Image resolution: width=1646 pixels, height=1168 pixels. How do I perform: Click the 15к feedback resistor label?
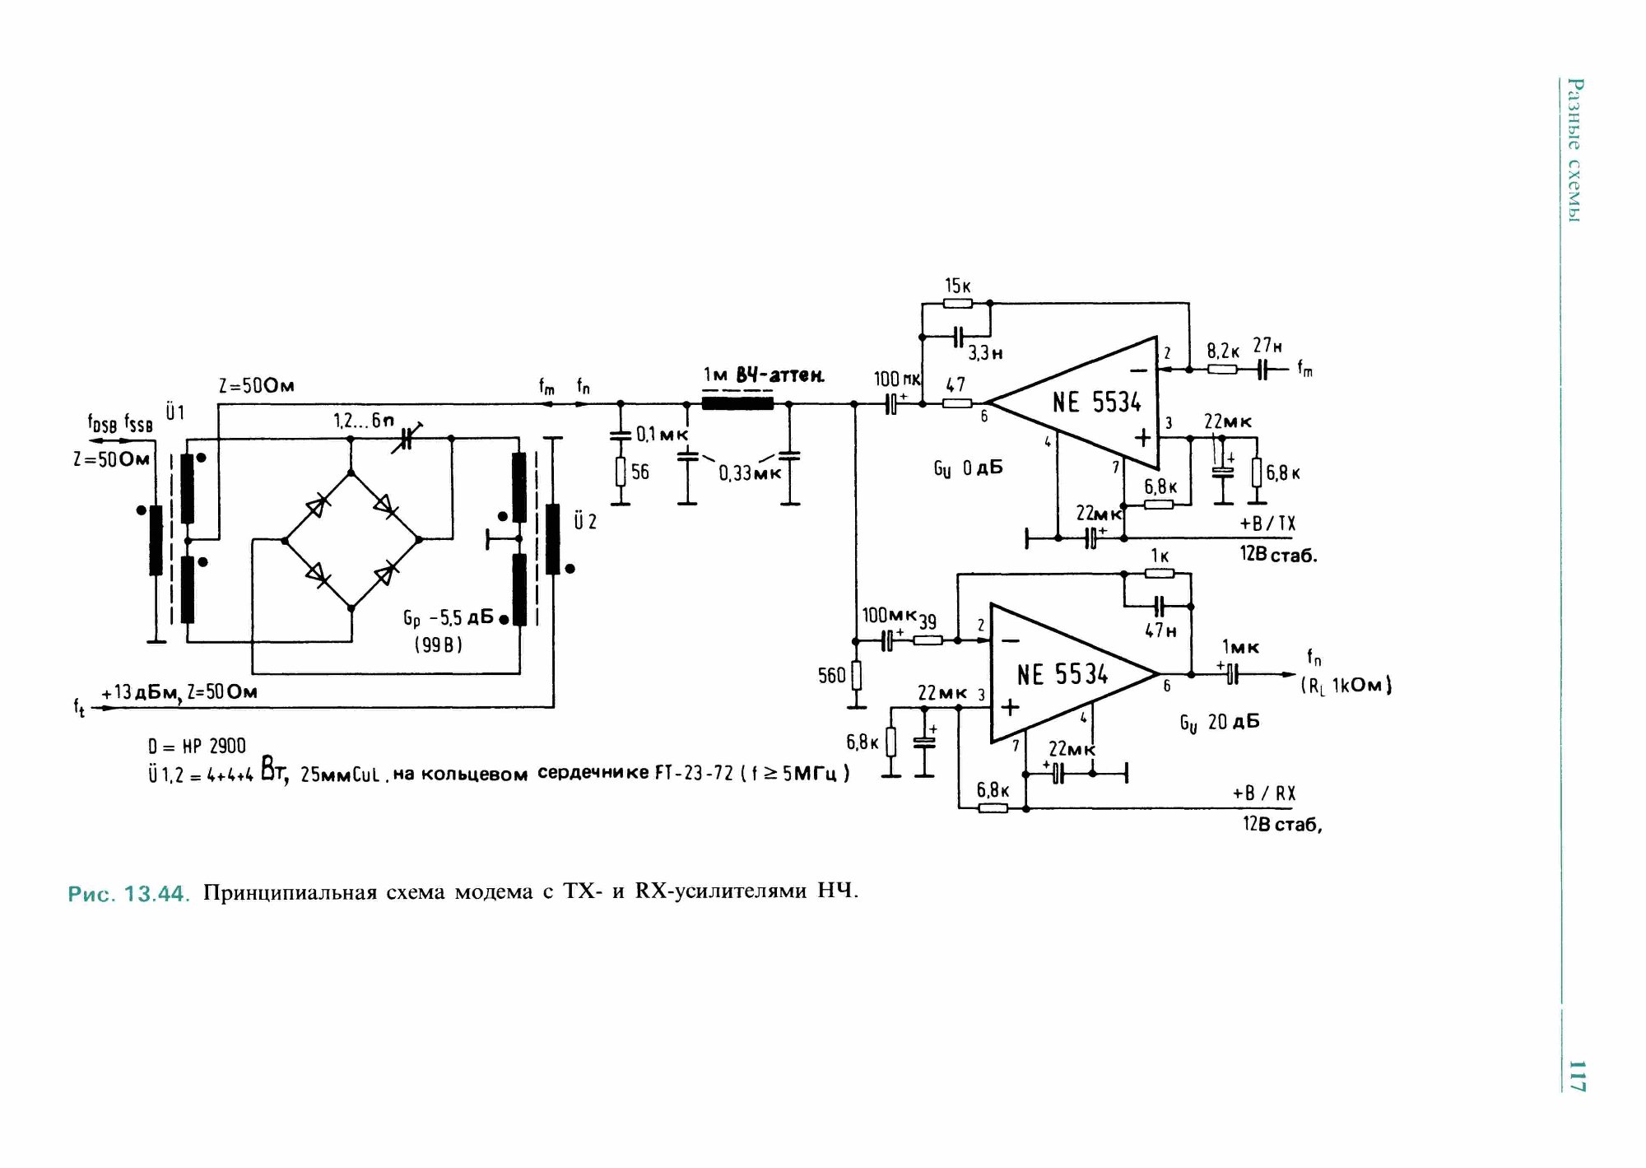pyautogui.click(x=957, y=286)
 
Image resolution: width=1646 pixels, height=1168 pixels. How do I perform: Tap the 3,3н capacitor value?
pyautogui.click(x=985, y=353)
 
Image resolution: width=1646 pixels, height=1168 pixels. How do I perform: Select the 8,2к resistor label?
pyautogui.click(x=1223, y=351)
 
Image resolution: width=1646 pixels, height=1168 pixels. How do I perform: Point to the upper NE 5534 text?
pyautogui.click(x=1096, y=403)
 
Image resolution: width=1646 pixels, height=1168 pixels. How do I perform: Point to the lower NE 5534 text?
pyautogui.click(x=1062, y=675)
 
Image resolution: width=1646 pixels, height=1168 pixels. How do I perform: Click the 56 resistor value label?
pyautogui.click(x=640, y=472)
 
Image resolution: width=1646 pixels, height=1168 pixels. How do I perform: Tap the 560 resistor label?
pyautogui.click(x=831, y=676)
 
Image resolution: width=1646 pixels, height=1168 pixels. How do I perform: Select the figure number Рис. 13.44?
pyautogui.click(x=128, y=893)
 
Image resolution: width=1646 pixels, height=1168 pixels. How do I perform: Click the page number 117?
pyautogui.click(x=1575, y=1075)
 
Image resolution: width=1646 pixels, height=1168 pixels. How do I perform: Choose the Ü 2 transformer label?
pyautogui.click(x=585, y=521)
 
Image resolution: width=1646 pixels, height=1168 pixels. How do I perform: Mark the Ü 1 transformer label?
pyautogui.click(x=175, y=412)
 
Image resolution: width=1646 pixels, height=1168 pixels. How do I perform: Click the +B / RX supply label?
pyautogui.click(x=1263, y=793)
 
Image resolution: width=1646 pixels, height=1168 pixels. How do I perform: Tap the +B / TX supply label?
pyautogui.click(x=1267, y=524)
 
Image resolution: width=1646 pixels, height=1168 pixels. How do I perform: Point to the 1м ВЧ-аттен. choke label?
pyautogui.click(x=763, y=375)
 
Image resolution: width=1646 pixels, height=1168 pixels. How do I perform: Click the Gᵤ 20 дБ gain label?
pyautogui.click(x=1219, y=723)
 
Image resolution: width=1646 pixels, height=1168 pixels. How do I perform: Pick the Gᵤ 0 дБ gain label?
pyautogui.click(x=968, y=468)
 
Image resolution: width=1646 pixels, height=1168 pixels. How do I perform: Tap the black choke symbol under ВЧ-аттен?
pyautogui.click(x=737, y=403)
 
